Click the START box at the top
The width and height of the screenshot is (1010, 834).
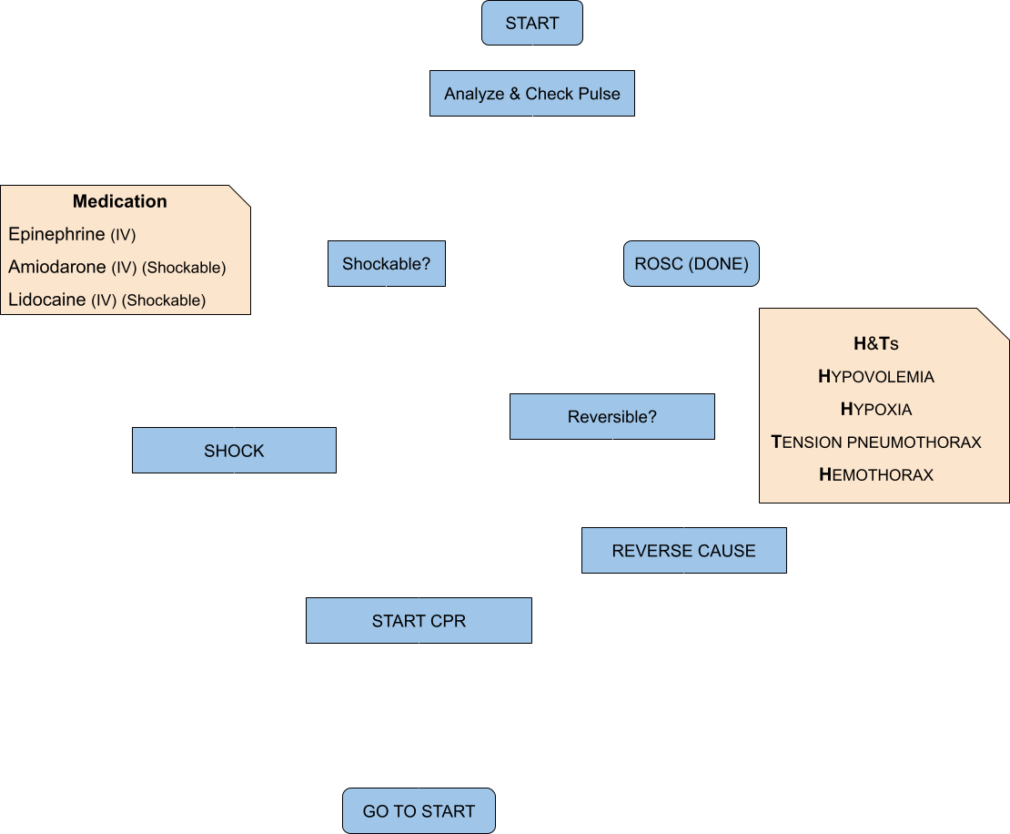[532, 23]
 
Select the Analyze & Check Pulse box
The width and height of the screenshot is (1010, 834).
[532, 94]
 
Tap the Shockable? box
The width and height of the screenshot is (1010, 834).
[387, 264]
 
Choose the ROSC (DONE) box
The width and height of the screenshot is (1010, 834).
[692, 264]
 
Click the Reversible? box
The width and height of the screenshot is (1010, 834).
[612, 416]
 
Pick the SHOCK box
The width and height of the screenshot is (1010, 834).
[234, 451]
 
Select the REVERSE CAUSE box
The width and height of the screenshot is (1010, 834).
[684, 551]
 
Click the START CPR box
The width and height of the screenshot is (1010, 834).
[419, 621]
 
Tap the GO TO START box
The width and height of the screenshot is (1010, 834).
[419, 811]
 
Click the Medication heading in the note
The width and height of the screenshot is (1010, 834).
[120, 201]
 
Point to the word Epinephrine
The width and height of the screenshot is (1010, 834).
[56, 234]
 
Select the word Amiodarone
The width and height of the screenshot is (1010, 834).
[57, 267]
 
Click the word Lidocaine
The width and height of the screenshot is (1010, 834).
[47, 300]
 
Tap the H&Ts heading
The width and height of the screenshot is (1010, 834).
[876, 343]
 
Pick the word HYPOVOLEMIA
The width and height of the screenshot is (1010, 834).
[876, 376]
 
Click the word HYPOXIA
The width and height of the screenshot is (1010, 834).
[876, 410]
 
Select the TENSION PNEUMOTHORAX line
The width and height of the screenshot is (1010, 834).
[876, 442]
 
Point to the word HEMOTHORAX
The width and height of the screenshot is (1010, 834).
[876, 475]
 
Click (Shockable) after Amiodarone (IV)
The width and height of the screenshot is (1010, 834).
[184, 268]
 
